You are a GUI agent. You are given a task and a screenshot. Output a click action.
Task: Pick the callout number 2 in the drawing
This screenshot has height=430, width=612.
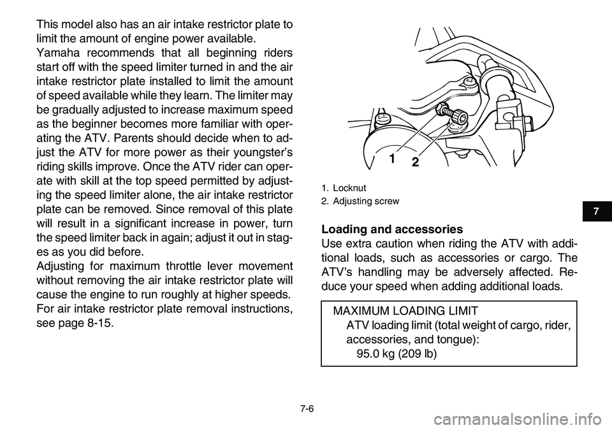(414, 162)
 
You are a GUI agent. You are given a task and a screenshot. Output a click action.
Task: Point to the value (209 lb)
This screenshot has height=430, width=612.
(419, 354)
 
